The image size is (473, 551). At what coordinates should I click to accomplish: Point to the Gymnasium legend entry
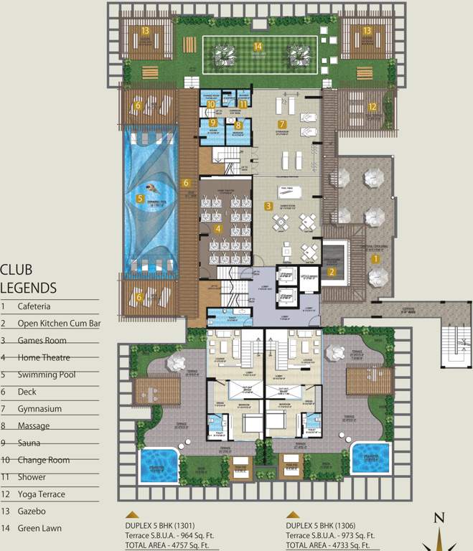pyautogui.click(x=40, y=409)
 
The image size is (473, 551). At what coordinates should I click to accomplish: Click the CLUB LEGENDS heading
pyautogui.click(x=29, y=279)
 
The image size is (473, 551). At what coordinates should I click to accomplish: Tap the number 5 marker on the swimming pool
pyautogui.click(x=141, y=198)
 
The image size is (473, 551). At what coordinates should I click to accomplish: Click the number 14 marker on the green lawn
pyautogui.click(x=258, y=47)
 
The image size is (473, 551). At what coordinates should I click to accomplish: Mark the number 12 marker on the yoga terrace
pyautogui.click(x=372, y=108)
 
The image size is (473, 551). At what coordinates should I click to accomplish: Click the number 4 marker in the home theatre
pyautogui.click(x=218, y=228)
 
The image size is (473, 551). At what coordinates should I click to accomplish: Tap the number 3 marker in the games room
pyautogui.click(x=268, y=206)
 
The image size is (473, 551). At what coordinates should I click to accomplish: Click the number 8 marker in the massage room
pyautogui.click(x=238, y=125)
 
